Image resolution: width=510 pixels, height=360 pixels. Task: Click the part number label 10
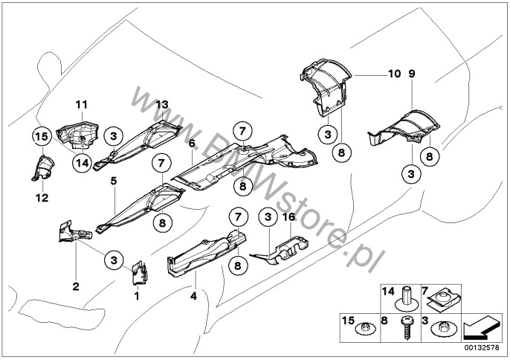[395, 74]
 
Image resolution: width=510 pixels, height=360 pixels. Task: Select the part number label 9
[412, 74]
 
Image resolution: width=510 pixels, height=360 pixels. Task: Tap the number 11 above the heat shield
[82, 105]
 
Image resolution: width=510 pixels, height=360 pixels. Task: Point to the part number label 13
[162, 105]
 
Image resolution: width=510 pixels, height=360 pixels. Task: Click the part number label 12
[42, 198]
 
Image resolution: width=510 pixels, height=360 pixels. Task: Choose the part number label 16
[289, 216]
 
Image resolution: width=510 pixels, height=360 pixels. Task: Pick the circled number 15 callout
[42, 137]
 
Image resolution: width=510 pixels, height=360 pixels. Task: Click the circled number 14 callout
[82, 162]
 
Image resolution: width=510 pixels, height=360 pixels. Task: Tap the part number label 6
[192, 144]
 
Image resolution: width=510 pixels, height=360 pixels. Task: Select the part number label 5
[113, 181]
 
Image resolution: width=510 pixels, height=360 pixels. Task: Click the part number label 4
[193, 296]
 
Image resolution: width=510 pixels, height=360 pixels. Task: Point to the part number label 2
[76, 286]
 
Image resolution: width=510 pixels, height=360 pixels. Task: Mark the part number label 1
[137, 296]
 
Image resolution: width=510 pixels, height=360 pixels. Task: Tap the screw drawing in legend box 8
[406, 328]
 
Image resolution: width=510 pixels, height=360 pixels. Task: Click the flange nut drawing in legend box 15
[365, 329]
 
